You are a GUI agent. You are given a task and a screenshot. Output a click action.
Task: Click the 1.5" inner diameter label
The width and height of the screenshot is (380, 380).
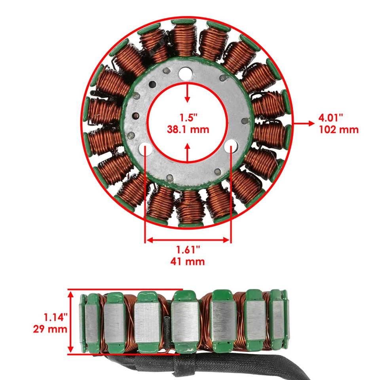pos(188,118)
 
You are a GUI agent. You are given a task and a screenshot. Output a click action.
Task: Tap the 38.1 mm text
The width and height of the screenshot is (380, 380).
pos(188,129)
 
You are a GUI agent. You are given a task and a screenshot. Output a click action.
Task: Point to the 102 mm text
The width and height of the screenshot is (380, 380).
pos(338,129)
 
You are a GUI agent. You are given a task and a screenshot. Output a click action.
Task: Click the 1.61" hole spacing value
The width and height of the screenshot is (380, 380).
pos(188,250)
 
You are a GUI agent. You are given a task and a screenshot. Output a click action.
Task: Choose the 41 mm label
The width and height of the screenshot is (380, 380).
pos(188,261)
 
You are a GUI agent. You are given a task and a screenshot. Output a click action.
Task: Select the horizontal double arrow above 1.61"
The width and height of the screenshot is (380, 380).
pos(188,239)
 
